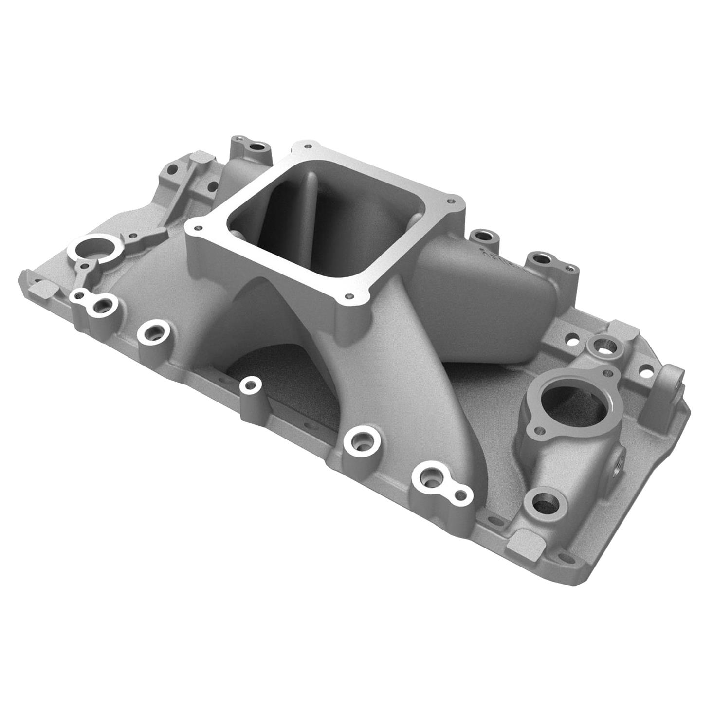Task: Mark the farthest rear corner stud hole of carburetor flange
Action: click(306, 145)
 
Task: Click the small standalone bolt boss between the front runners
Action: click(251, 385)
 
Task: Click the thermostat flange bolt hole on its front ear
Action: click(538, 430)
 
